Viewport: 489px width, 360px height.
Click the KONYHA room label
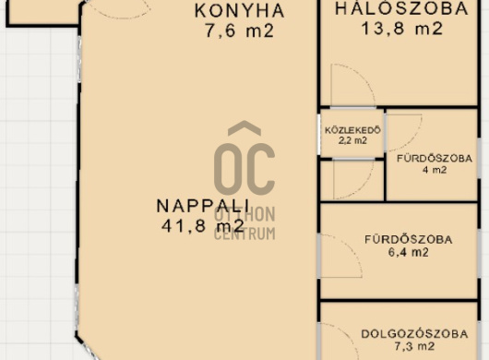[240, 10]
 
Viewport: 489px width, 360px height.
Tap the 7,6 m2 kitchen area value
[240, 30]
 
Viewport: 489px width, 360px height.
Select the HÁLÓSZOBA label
[401, 8]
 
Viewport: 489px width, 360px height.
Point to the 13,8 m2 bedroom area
[402, 29]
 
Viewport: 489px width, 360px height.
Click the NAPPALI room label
[203, 206]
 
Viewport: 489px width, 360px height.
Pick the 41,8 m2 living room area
[203, 225]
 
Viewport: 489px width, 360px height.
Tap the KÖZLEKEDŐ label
[352, 130]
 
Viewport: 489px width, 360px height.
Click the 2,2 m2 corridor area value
[352, 140]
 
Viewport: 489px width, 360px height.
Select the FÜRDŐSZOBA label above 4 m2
[435, 159]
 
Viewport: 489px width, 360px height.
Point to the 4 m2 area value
[435, 170]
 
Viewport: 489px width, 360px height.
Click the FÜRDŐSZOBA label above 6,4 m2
[409, 240]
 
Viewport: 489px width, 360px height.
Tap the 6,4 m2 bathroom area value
[409, 252]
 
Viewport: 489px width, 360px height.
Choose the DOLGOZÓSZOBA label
[415, 334]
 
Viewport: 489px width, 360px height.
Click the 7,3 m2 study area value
[415, 346]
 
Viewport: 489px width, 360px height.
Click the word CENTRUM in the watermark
[244, 234]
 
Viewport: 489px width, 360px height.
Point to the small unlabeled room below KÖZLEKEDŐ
[352, 180]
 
